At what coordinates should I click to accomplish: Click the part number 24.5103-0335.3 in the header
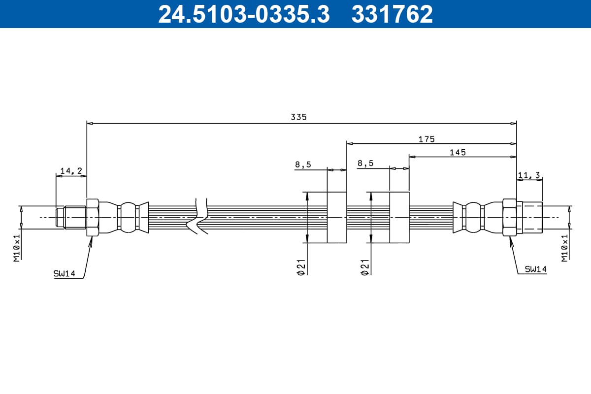pos(244,14)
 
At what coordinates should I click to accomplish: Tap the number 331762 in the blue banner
pos(392,14)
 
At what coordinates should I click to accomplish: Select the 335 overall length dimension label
pos(298,117)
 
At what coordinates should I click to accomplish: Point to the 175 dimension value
pos(427,139)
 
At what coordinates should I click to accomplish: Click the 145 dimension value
pos(458,153)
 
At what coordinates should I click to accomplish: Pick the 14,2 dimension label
pos(71,171)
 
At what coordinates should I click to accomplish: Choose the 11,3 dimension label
pos(529,175)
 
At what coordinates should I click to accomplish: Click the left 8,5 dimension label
pos(303,164)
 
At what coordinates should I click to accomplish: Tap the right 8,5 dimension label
pos(365,164)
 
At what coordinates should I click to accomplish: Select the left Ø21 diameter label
pos(301,267)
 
